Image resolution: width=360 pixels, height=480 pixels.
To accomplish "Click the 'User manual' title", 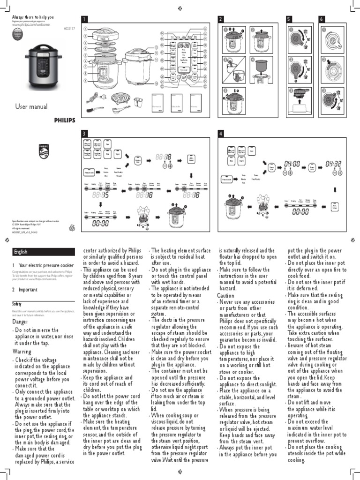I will pyautogui.click(x=32, y=107).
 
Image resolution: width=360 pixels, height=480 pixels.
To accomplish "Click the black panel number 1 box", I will pyautogui.click(x=84, y=19).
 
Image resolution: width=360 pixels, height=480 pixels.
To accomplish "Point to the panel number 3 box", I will pyautogui.click(x=84, y=134).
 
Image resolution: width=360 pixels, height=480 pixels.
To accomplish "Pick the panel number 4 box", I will pyautogui.click(x=221, y=134).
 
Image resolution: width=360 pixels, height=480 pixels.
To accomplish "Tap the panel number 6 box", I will pyautogui.click(x=322, y=19).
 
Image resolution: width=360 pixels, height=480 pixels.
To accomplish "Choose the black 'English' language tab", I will pyautogui.click(x=22, y=252).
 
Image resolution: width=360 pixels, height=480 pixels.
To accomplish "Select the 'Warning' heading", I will pyautogui.click(x=22, y=352).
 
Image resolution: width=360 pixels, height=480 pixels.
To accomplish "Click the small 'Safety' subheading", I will pyautogui.click(x=17, y=304).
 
